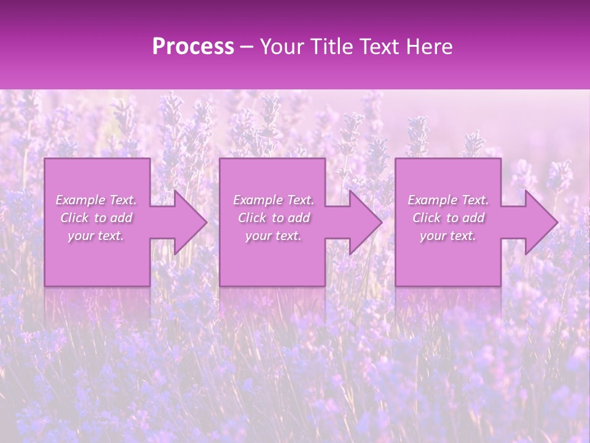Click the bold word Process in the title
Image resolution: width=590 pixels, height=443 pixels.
[x=193, y=47]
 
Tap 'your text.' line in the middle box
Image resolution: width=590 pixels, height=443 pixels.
[x=273, y=236]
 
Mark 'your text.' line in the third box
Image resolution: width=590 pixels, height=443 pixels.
[x=448, y=236]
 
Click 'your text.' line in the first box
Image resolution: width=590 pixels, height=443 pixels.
[x=96, y=236]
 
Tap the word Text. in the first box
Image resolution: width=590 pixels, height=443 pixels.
[x=123, y=200]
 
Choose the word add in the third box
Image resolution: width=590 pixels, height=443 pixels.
[x=474, y=218]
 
